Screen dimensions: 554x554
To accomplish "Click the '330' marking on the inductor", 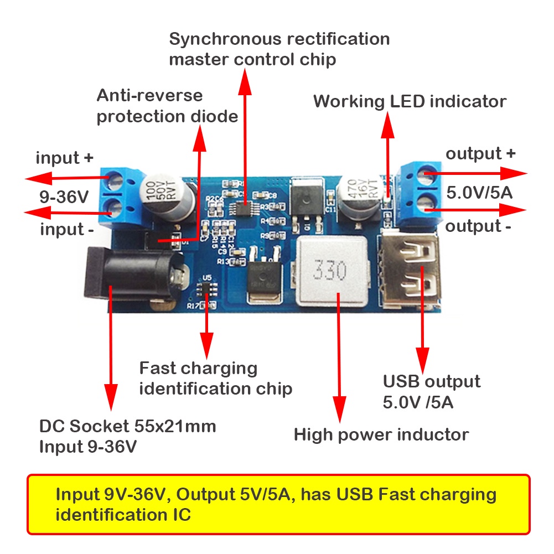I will point(330,271).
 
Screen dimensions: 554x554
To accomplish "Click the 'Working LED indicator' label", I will point(410,102).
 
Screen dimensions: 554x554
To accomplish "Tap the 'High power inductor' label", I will point(381,434).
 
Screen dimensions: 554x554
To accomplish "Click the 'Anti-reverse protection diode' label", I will point(167,106).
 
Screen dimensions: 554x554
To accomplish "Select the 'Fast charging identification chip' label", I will point(215,378).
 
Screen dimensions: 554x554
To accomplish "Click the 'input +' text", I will point(65,158).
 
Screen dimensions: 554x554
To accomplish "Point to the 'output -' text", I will point(478,226).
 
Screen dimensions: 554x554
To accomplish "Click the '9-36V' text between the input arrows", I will point(63,196).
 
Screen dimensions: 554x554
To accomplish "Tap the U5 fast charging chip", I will point(208,289).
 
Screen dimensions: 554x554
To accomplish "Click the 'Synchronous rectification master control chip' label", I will point(279,49).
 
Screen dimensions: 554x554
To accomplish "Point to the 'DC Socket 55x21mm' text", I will point(128,427).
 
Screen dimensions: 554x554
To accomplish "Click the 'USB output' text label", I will point(432,381).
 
